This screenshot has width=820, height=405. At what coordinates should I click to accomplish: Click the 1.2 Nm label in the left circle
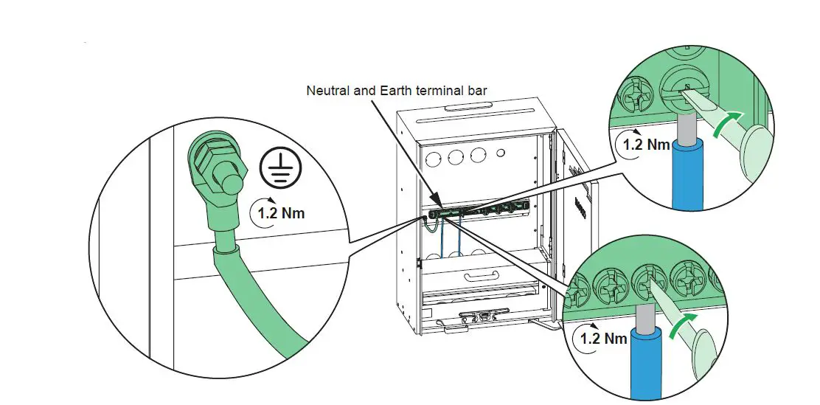pyautogui.click(x=279, y=213)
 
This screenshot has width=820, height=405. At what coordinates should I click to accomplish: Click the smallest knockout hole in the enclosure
pyautogui.click(x=501, y=155)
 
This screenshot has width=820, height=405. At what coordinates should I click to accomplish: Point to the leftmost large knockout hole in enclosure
pyautogui.click(x=434, y=156)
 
